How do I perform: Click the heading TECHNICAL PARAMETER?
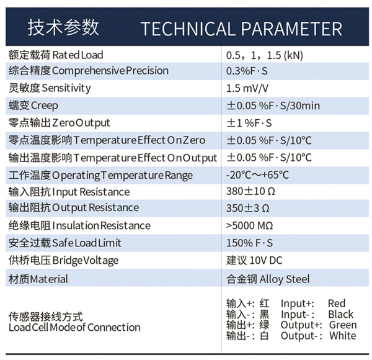(241, 29)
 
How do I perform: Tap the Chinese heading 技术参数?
(63, 27)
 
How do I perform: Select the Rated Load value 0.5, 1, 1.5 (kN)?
(265, 55)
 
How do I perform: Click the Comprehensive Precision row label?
(89, 71)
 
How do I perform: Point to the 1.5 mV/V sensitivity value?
(247, 88)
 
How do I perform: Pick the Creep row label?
(33, 106)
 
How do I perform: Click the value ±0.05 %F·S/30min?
(273, 106)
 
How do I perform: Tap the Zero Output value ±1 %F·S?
(249, 123)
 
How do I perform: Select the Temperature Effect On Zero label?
(107, 140)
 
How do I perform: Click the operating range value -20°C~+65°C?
(257, 175)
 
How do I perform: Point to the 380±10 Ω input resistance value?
(250, 191)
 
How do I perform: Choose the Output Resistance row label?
(74, 207)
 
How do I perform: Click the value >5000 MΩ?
(250, 225)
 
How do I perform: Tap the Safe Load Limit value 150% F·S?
(250, 243)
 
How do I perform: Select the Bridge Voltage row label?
(63, 261)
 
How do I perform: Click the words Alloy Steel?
(285, 279)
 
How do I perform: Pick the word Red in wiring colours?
(337, 304)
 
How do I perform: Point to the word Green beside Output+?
(343, 325)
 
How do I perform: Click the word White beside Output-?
(343, 336)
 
